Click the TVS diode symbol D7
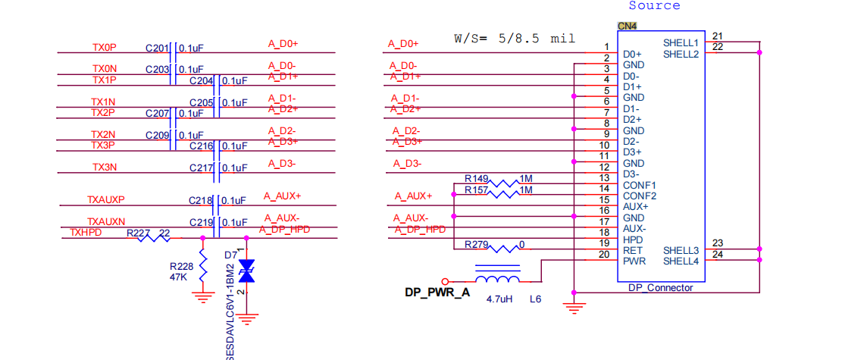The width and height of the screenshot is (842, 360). tap(246, 271)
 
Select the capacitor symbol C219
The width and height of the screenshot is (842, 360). tap(217, 227)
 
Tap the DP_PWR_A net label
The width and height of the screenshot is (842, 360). tap(437, 293)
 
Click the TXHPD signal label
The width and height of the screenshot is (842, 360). tap(86, 233)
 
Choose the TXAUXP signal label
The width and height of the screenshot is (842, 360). tap(106, 200)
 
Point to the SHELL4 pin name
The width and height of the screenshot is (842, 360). tap(681, 261)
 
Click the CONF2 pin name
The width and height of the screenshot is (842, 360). tap(640, 196)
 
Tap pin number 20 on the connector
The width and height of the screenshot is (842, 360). tap(604, 254)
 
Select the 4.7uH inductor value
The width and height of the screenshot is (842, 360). tap(499, 298)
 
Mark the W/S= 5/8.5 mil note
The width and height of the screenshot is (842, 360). tap(515, 39)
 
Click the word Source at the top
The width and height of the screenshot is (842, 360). tap(654, 5)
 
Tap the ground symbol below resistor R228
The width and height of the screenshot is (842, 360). tap(202, 297)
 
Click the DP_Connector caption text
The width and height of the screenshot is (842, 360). tap(661, 288)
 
